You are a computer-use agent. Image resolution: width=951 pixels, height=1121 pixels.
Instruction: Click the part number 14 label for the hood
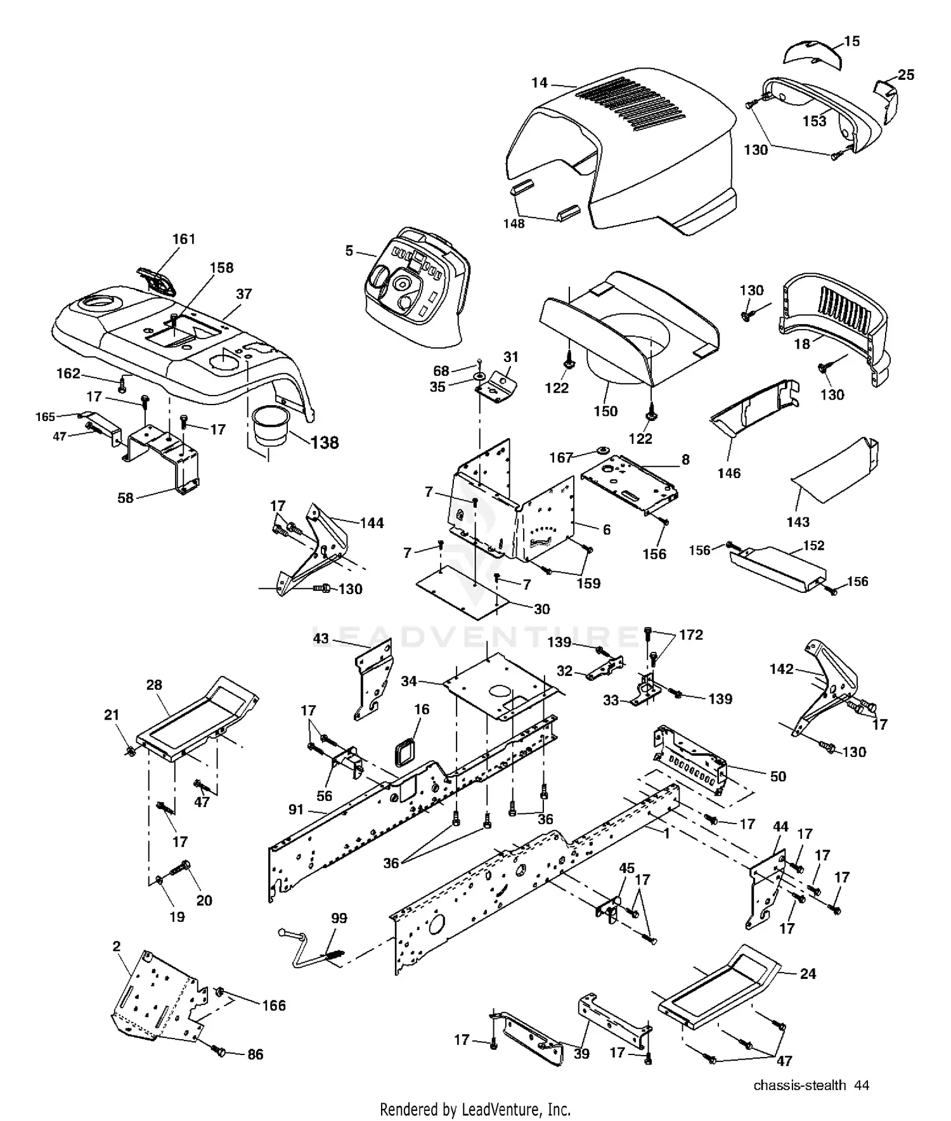coord(539,82)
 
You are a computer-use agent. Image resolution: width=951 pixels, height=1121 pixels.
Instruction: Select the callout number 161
coord(184,239)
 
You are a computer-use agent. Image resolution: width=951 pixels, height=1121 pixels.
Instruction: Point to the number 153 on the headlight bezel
coord(814,120)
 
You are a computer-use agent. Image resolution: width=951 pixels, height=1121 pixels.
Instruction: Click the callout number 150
coord(605,411)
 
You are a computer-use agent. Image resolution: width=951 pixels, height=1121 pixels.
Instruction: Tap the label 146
coord(728,473)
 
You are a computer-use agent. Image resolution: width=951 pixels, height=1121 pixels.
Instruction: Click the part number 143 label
coord(798,522)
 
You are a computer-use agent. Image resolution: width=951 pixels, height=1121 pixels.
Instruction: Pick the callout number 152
coord(813,545)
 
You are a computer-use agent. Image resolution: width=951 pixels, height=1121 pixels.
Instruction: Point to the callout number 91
coord(296,810)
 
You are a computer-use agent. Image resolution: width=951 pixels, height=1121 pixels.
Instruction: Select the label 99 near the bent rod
coord(339,918)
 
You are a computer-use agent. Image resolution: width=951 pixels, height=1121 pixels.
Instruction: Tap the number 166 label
coord(274,1006)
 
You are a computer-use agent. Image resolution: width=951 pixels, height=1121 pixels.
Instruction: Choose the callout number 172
coord(690,635)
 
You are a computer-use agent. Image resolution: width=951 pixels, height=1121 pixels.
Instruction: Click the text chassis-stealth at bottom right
coord(799,1085)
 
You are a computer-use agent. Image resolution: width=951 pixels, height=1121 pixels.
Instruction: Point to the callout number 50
coord(777,777)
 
